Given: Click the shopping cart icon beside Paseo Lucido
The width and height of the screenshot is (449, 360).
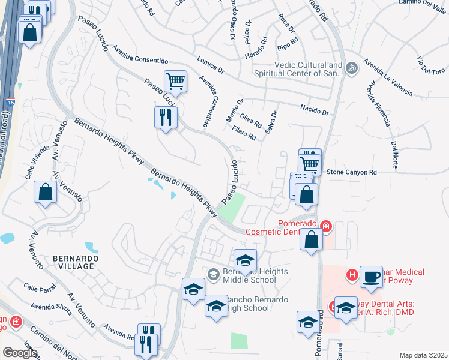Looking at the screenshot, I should point(175,81).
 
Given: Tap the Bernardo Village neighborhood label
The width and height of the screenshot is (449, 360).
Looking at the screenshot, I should point(74,262).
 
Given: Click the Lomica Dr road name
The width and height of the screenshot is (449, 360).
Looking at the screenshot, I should point(210,65).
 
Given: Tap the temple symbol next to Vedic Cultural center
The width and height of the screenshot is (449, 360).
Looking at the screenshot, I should point(351,69).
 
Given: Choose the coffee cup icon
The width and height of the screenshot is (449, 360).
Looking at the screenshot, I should point(371,277).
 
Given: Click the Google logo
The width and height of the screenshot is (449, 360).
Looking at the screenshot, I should point(20,352).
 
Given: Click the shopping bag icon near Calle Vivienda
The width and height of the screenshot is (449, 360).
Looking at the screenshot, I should point(45,192).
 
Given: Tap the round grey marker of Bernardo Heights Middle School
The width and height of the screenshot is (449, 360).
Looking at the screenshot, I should point(212,274).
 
